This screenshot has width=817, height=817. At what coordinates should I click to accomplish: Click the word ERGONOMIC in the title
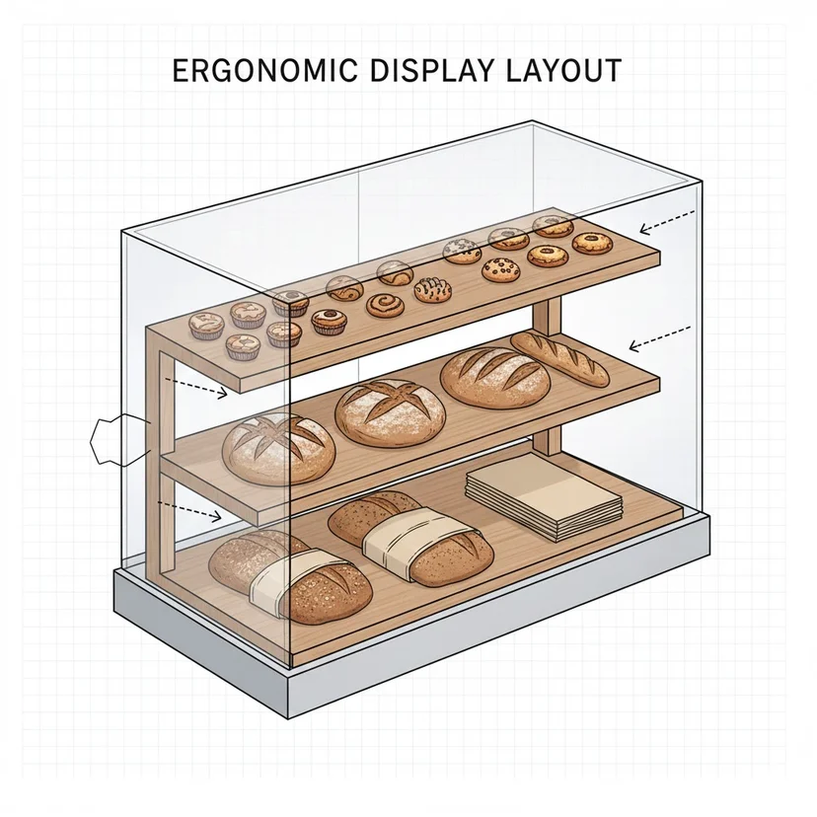(264, 70)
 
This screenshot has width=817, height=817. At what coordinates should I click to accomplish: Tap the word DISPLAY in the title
(431, 70)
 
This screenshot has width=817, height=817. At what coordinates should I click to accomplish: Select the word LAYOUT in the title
(563, 70)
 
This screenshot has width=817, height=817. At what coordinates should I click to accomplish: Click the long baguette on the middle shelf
(559, 358)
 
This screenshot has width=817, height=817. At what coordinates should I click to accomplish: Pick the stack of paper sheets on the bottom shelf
(545, 496)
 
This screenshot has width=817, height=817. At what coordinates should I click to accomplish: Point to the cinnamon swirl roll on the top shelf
(385, 305)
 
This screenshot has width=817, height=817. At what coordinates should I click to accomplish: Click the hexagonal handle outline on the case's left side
(119, 440)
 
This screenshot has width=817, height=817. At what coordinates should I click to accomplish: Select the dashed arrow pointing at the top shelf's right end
(667, 220)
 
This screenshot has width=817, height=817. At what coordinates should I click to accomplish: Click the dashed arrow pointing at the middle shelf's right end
(660, 337)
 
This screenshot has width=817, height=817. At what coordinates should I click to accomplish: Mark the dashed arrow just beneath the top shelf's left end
(196, 388)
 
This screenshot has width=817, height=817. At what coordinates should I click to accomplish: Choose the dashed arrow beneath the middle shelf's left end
(189, 510)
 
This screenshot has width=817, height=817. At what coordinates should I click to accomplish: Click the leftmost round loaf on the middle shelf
(279, 449)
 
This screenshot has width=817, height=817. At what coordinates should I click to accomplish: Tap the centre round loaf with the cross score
(391, 412)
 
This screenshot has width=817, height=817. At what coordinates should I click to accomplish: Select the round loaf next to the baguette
(495, 377)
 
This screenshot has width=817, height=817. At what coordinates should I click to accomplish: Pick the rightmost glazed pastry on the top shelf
(591, 243)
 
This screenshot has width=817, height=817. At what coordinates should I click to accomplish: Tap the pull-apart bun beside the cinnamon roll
(432, 290)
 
